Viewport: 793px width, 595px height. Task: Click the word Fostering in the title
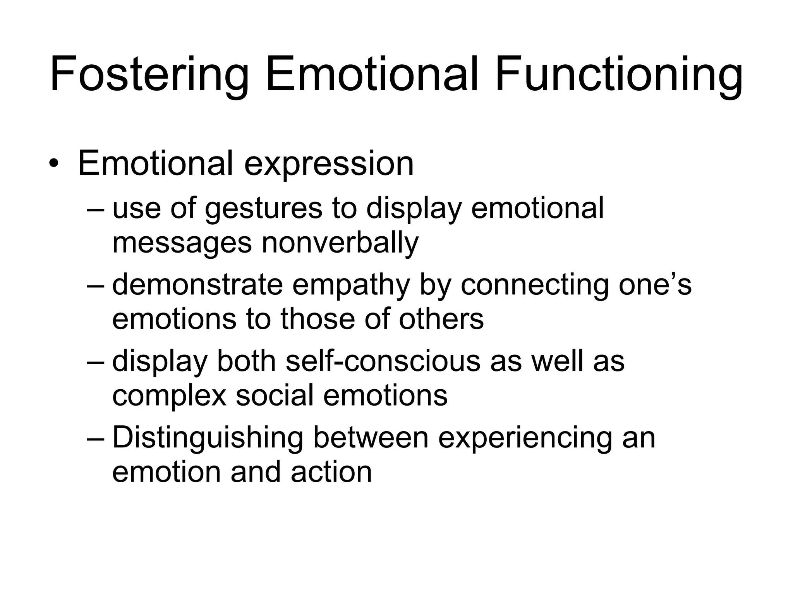pos(149,76)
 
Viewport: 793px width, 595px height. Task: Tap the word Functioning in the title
pos(619,76)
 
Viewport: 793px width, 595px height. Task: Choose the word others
pos(441,319)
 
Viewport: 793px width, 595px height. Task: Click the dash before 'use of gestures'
pos(96,210)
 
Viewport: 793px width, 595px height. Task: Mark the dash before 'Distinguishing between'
pos(96,439)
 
